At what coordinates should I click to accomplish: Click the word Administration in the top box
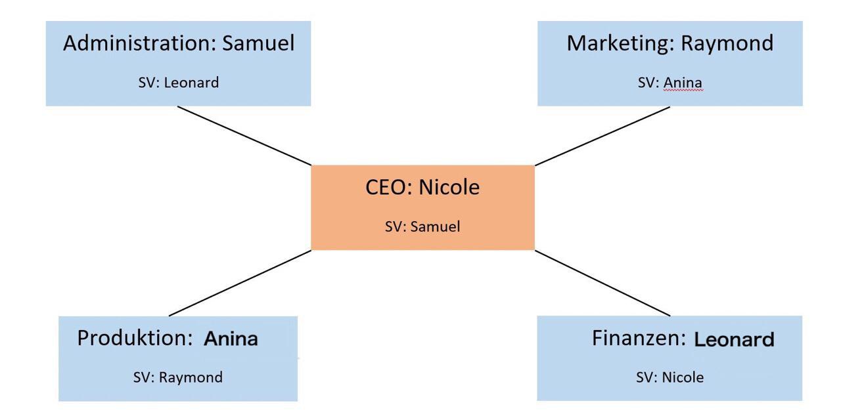pos(140,44)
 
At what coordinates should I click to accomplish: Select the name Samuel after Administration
pos(258,44)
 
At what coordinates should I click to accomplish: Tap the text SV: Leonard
pos(178,83)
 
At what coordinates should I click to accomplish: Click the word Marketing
pos(620,44)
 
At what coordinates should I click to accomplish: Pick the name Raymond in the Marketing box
pos(727,44)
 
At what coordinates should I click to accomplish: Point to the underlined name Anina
pos(683,83)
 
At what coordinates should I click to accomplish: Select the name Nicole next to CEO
pos(449,188)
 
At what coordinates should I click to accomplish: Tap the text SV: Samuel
pos(422,227)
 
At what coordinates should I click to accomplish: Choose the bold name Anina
pos(231,339)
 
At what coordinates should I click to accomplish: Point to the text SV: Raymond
pos(178,378)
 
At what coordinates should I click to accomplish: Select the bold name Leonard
pos(735,340)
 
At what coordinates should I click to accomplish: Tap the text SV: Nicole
pos(670,378)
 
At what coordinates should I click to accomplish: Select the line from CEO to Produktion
pos(240,283)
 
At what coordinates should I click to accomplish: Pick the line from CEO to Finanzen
pos(602,283)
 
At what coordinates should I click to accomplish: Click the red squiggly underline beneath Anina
pos(683,91)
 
